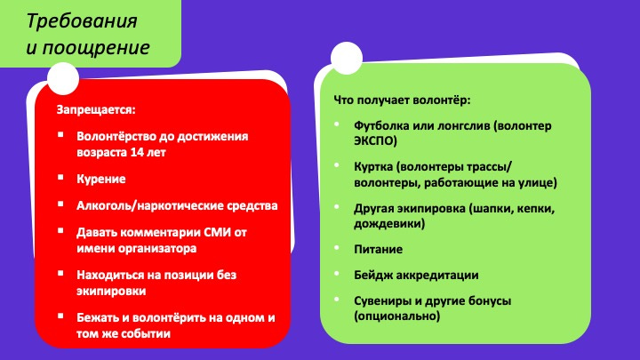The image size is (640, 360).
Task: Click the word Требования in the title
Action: (x=82, y=21)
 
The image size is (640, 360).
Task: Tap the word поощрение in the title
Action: (x=96, y=48)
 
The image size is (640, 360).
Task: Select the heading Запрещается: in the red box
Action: (x=96, y=110)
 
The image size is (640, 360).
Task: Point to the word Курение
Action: (x=101, y=180)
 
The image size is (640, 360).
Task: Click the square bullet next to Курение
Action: (x=60, y=177)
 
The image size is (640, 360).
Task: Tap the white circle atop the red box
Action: (x=63, y=78)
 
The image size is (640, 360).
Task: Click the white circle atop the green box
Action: (x=347, y=58)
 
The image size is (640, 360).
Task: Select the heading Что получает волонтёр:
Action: (x=402, y=100)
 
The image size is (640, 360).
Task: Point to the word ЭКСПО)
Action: (x=375, y=140)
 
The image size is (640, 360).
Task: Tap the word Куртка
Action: (x=373, y=167)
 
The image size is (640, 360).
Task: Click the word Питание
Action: (x=379, y=250)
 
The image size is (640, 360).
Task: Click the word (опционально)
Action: (x=397, y=316)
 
